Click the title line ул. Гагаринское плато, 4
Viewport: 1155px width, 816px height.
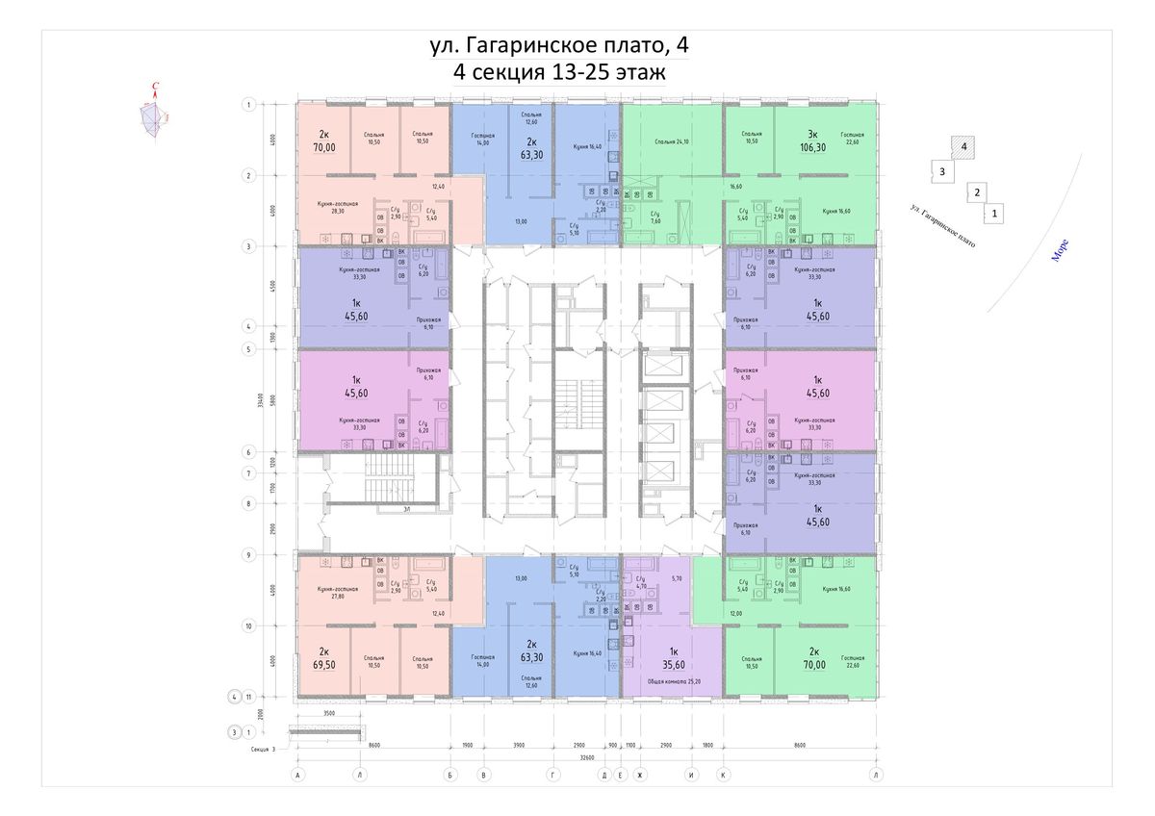pos(558,45)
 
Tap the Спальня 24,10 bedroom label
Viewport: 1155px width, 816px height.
pos(670,142)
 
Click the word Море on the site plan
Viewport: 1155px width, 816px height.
pos(1060,250)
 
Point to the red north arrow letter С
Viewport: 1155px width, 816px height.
pos(155,88)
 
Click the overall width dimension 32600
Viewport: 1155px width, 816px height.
pos(586,757)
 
